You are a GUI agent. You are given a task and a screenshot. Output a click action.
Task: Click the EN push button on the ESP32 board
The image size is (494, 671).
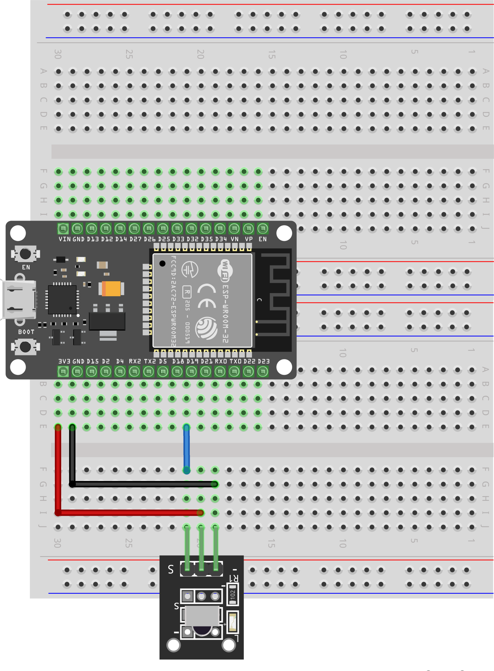25,254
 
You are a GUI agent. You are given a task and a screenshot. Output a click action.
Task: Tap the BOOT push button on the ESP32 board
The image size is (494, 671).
25,347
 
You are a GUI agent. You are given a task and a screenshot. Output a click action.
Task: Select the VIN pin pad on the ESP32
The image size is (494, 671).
63,229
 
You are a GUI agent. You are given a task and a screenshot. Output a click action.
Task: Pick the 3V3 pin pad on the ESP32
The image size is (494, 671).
63,372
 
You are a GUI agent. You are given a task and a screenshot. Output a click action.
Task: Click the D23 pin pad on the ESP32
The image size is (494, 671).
263,372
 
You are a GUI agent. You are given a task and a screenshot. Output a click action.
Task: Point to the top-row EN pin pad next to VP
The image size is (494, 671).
263,229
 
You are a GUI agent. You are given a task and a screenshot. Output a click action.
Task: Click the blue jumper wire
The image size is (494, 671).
187,449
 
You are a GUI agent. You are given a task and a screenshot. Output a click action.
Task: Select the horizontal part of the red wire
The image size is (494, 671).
129,513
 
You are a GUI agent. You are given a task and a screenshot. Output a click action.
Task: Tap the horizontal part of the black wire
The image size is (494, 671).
143,484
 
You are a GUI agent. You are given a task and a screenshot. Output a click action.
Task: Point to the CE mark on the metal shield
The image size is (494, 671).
207,296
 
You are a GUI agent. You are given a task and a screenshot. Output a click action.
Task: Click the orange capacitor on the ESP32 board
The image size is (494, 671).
112,289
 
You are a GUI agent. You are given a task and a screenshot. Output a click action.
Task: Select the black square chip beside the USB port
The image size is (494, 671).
62,299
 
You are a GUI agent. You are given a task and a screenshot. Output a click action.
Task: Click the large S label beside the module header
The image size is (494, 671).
171,569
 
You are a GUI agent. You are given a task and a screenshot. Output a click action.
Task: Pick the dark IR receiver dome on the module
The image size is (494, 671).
202,630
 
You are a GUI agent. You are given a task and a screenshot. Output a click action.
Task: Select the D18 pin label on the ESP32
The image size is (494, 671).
178,361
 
